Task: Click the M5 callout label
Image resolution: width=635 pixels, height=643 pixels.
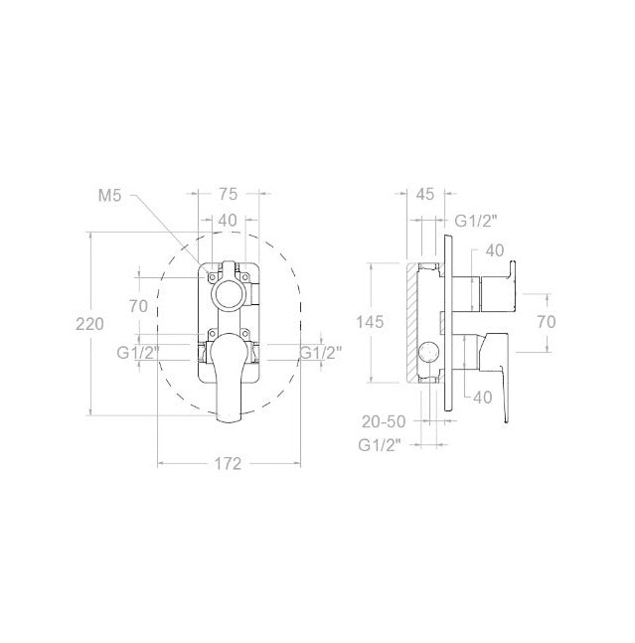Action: pos(110,196)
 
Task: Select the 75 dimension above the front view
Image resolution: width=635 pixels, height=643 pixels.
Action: pos(228,194)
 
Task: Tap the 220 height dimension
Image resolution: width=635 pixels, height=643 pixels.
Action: pos(89,324)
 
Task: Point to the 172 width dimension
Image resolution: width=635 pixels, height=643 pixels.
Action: pos(228,464)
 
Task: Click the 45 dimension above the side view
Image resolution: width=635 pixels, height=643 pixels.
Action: pos(424,194)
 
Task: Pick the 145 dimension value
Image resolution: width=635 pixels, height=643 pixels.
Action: pos(370,322)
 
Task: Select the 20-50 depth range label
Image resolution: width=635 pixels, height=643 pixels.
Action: pos(384,421)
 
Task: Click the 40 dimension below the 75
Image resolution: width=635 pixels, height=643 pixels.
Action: pos(228,221)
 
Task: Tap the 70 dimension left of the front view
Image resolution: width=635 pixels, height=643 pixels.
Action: pos(138,306)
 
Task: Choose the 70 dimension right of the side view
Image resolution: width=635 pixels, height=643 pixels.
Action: pos(547,322)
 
